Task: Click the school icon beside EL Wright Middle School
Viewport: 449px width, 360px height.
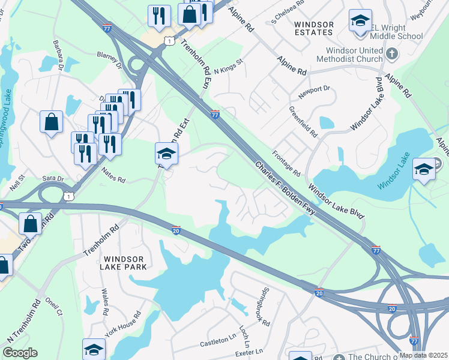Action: pos(360,21)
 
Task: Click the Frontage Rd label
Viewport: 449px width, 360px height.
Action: pos(286,163)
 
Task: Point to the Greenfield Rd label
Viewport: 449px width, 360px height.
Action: pos(303,122)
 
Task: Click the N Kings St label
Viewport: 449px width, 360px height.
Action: pos(228,66)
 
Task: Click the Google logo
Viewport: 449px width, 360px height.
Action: pos(20,353)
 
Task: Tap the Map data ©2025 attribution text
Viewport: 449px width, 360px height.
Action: pos(423,355)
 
